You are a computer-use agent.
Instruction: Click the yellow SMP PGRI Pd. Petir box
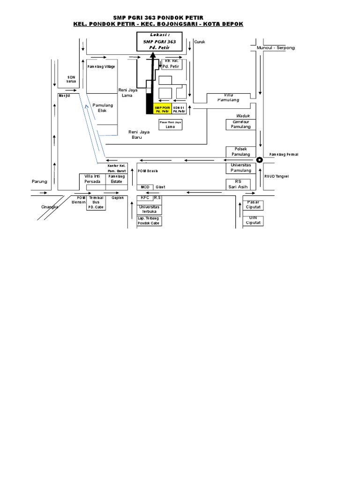click(x=162, y=109)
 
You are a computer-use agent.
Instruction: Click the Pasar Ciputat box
click(x=253, y=204)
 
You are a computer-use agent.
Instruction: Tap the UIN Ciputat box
click(x=253, y=220)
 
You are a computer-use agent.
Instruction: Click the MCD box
click(x=145, y=187)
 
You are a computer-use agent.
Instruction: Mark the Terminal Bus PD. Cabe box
click(x=96, y=202)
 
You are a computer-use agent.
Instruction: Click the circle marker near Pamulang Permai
click(x=260, y=160)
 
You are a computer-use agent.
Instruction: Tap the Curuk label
click(x=200, y=42)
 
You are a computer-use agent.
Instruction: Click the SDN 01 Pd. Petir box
click(x=179, y=109)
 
